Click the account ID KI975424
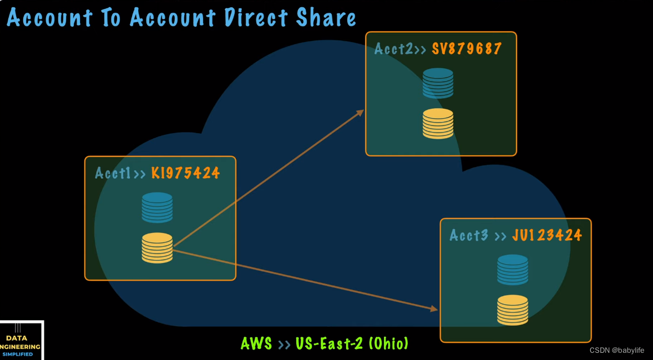click(x=185, y=173)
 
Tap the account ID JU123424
click(x=546, y=235)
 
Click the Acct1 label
click(x=113, y=173)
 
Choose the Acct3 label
click(x=469, y=235)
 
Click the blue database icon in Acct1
click(x=157, y=207)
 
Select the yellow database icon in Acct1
click(x=157, y=247)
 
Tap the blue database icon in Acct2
click(x=438, y=83)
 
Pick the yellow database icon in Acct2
click(x=438, y=123)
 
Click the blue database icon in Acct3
click(x=513, y=270)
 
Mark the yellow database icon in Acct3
click(x=513, y=310)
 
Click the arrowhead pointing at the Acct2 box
click(x=361, y=112)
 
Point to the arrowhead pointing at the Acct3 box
click(x=434, y=308)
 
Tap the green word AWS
click(x=256, y=343)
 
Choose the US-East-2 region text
click(x=329, y=343)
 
